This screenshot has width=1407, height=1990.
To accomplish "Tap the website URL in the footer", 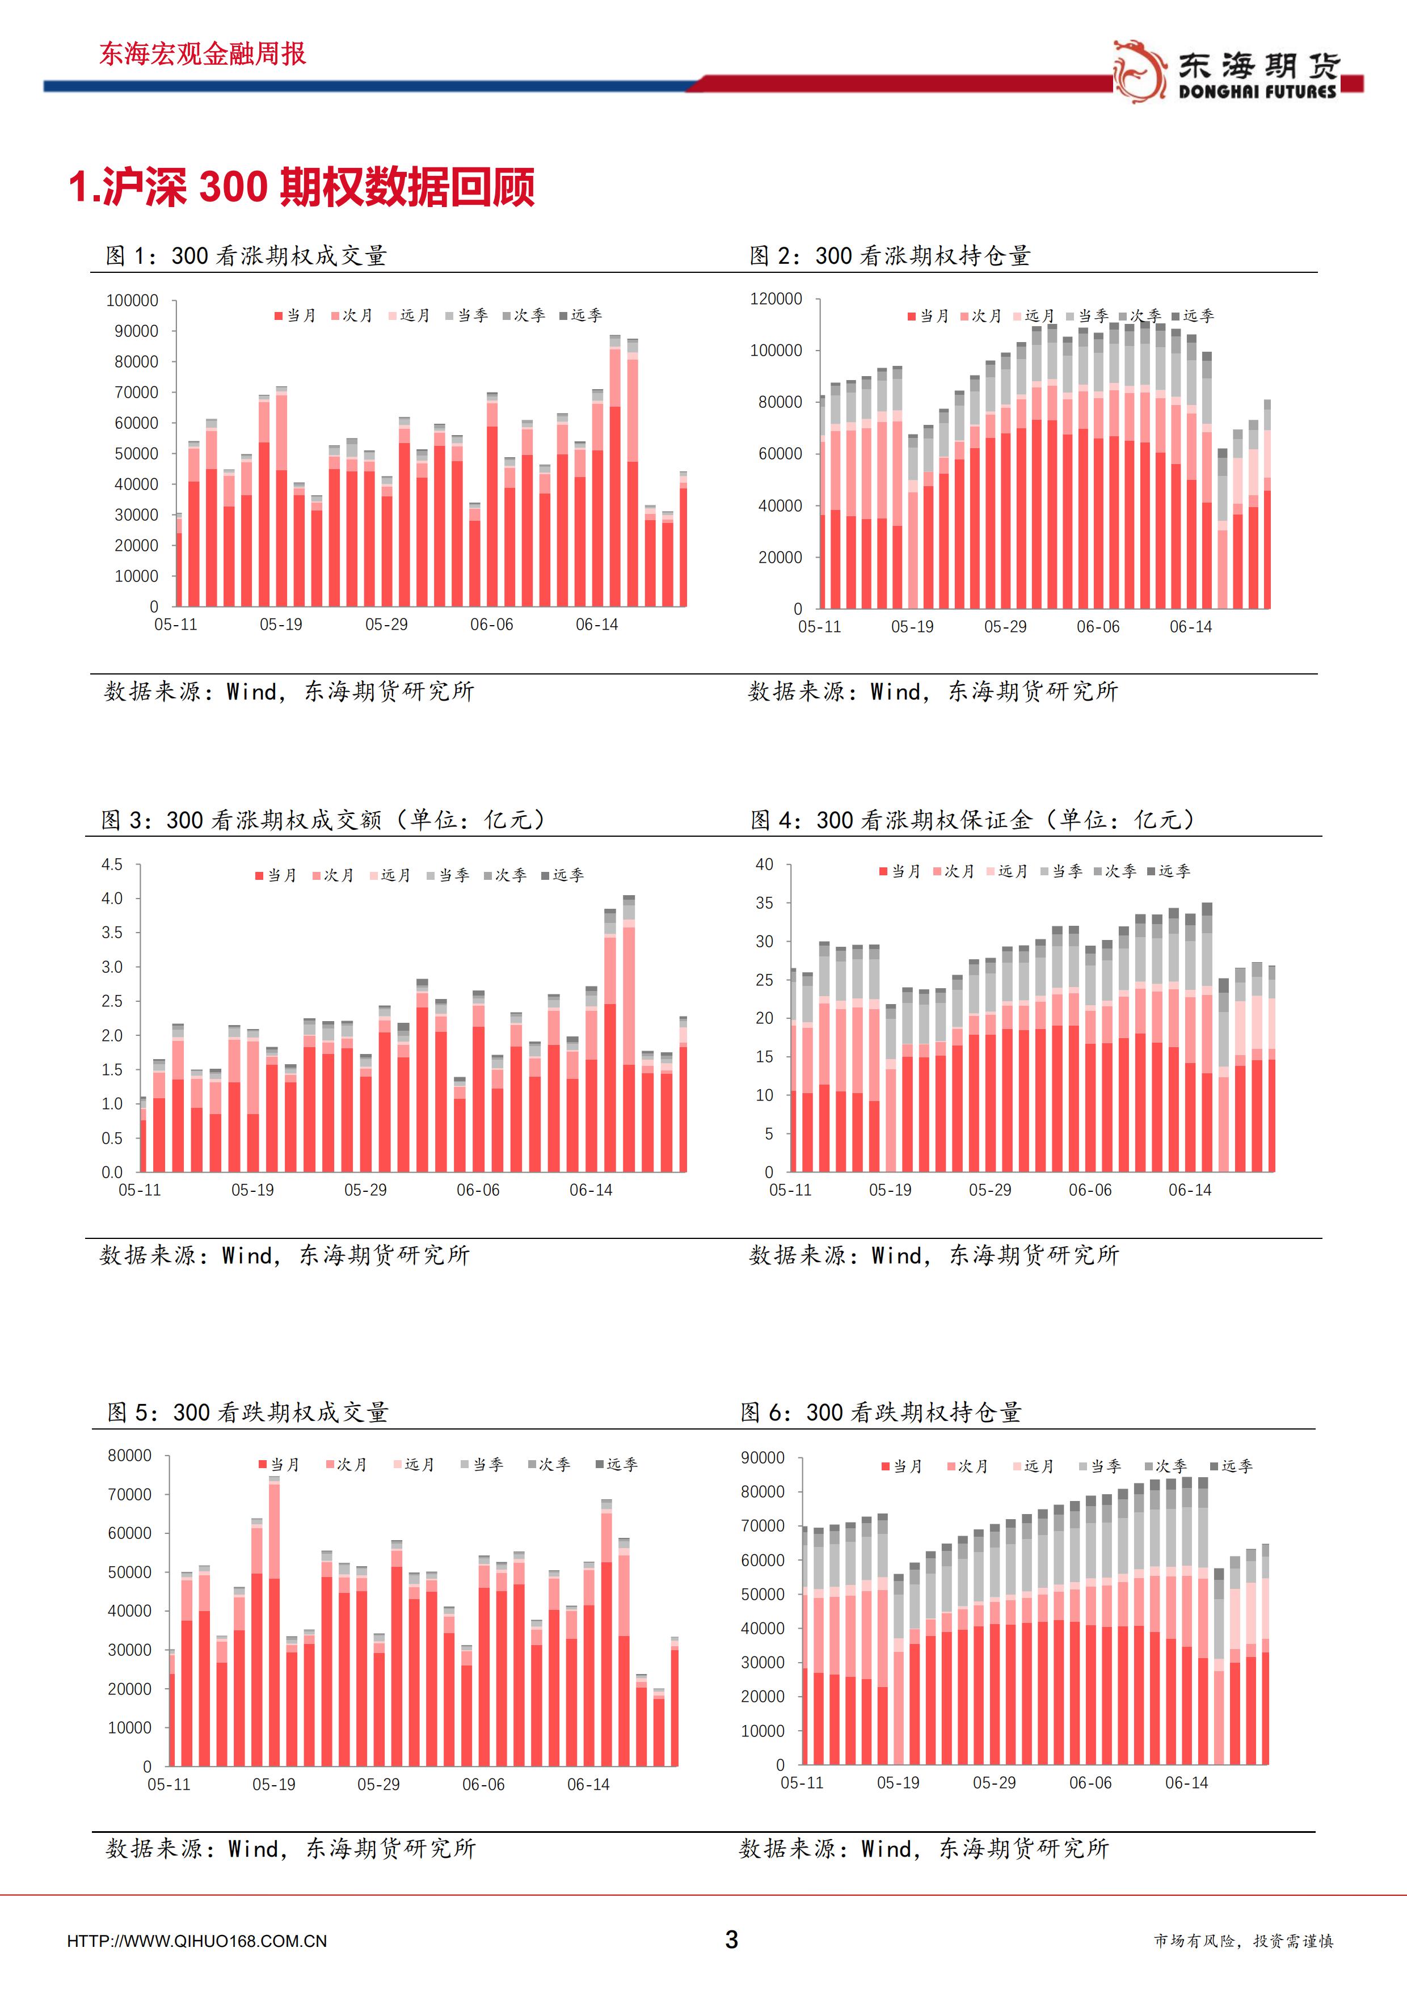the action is click(x=197, y=1941).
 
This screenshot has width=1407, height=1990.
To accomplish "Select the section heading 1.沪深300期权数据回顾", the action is click(x=302, y=186).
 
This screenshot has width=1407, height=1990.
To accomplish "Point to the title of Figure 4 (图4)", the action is click(x=972, y=820).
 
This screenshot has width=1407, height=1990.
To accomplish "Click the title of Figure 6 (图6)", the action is click(x=881, y=1413).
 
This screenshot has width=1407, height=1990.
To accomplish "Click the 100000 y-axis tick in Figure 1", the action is click(x=132, y=301).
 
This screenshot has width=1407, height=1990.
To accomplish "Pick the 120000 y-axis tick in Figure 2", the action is click(x=776, y=299).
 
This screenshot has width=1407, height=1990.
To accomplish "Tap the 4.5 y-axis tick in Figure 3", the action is click(x=112, y=864).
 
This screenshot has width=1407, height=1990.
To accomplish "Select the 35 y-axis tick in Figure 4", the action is click(x=764, y=903).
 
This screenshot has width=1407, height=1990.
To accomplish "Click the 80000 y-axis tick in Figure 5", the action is click(x=129, y=1455).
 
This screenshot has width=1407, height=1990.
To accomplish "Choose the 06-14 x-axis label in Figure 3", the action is click(x=591, y=1190).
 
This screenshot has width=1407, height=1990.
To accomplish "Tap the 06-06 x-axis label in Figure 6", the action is click(x=1090, y=1783).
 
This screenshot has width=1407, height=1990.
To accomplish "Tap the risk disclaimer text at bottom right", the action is click(x=1243, y=1941).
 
